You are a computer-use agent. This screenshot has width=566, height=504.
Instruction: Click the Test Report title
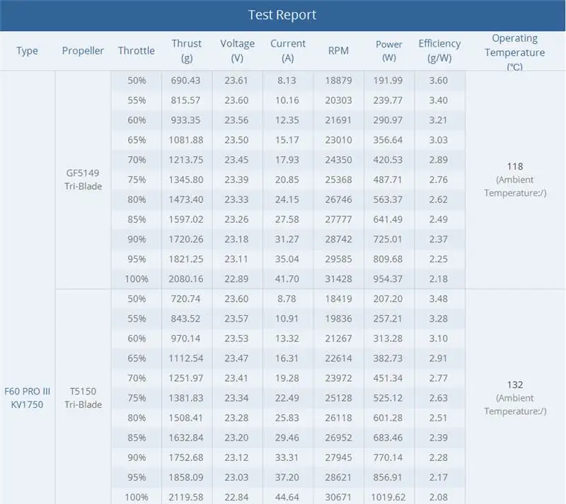click(x=282, y=15)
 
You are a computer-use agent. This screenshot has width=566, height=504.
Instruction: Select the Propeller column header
click(x=83, y=51)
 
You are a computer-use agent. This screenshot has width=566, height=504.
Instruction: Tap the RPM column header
click(x=338, y=50)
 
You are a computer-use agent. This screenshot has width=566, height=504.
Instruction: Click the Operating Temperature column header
click(x=515, y=52)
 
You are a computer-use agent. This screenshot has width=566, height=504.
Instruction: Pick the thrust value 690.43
click(x=185, y=81)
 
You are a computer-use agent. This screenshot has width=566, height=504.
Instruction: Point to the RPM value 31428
click(x=338, y=279)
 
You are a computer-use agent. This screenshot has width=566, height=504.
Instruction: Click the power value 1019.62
click(x=388, y=497)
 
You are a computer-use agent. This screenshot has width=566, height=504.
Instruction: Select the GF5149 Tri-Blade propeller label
click(x=83, y=180)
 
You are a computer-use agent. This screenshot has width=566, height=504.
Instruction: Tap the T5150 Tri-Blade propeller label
click(x=83, y=398)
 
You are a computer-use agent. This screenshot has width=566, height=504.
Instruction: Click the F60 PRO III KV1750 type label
click(x=27, y=398)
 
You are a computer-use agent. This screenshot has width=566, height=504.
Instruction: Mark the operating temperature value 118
click(x=515, y=166)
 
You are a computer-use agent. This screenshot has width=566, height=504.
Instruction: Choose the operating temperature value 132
click(x=515, y=385)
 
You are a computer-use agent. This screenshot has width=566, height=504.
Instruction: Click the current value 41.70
click(x=287, y=279)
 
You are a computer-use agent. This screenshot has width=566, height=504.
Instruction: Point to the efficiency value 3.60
click(x=438, y=81)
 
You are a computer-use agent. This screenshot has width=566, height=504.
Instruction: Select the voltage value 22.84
click(x=236, y=497)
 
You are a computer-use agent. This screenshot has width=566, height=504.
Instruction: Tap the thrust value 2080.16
click(x=185, y=279)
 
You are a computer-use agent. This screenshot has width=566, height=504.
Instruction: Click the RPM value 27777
click(x=338, y=219)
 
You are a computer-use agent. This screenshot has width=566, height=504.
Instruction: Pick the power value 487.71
click(x=388, y=180)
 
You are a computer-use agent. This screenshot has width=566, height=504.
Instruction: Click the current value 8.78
click(x=287, y=299)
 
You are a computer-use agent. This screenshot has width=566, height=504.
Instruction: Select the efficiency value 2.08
click(x=438, y=497)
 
